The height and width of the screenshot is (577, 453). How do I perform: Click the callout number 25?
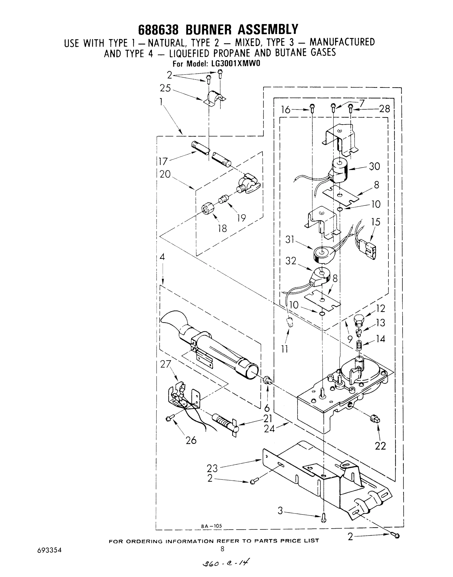click(165, 88)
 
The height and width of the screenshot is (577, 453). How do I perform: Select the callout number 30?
click(374, 166)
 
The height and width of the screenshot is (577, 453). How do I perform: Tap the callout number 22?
click(380, 446)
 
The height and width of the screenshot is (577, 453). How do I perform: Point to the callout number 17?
click(163, 161)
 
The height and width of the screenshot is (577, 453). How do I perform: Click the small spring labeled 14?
click(359, 345)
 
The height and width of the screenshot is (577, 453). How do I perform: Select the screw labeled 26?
click(169, 418)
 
